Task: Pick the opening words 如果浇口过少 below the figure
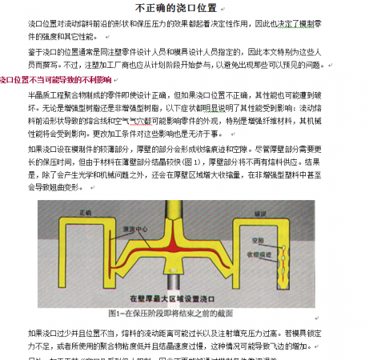tap(50, 332)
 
